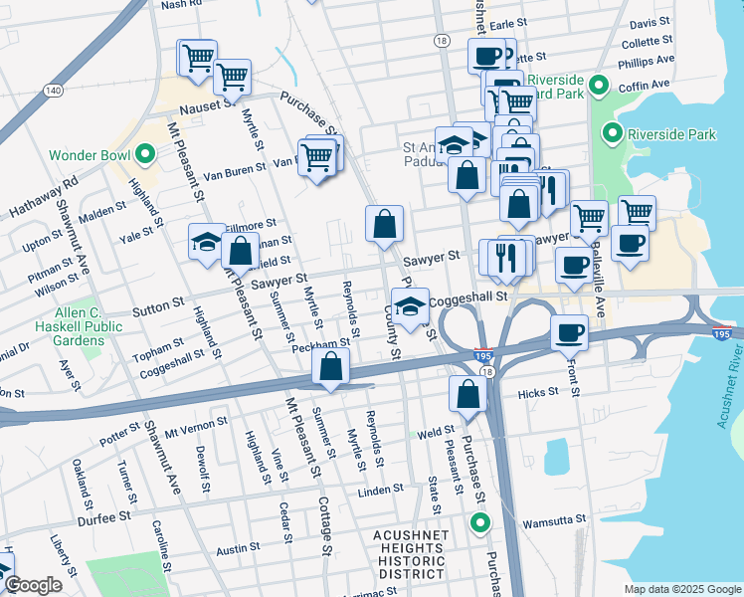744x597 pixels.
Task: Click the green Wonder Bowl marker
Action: (x=145, y=155)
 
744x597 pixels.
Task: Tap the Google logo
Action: (x=33, y=585)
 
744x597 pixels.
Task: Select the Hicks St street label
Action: (x=538, y=393)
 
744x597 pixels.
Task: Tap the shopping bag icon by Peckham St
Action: (x=330, y=367)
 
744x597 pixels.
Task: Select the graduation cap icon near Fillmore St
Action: (x=206, y=242)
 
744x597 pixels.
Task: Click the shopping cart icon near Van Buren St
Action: (x=316, y=156)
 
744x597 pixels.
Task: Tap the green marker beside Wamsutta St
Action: (x=481, y=522)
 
